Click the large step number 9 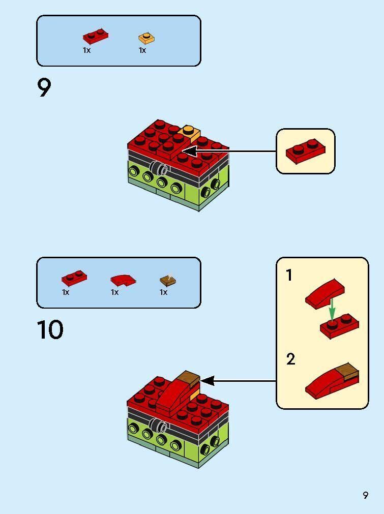[x=44, y=88]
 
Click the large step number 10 [x=50, y=330]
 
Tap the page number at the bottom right [x=365, y=495]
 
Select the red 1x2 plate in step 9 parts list [x=95, y=37]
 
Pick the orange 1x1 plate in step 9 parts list [x=146, y=38]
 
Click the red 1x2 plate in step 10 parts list [x=74, y=278]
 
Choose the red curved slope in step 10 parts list [x=123, y=279]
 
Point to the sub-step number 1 [x=289, y=276]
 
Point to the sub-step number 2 [x=290, y=359]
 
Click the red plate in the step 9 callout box [x=305, y=151]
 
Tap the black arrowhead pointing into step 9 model [x=188, y=151]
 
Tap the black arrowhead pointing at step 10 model [x=207, y=380]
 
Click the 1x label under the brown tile [x=163, y=292]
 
